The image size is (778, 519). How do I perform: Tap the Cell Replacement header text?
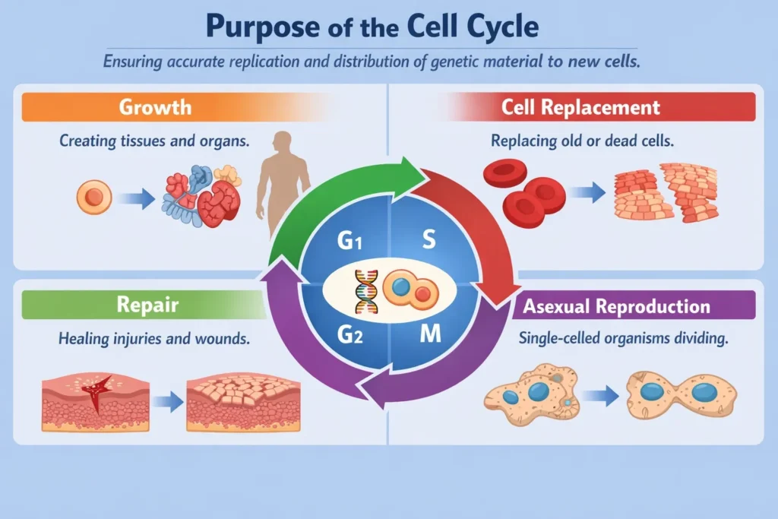580,106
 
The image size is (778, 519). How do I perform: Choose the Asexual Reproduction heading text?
617,306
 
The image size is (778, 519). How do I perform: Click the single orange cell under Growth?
94,199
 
